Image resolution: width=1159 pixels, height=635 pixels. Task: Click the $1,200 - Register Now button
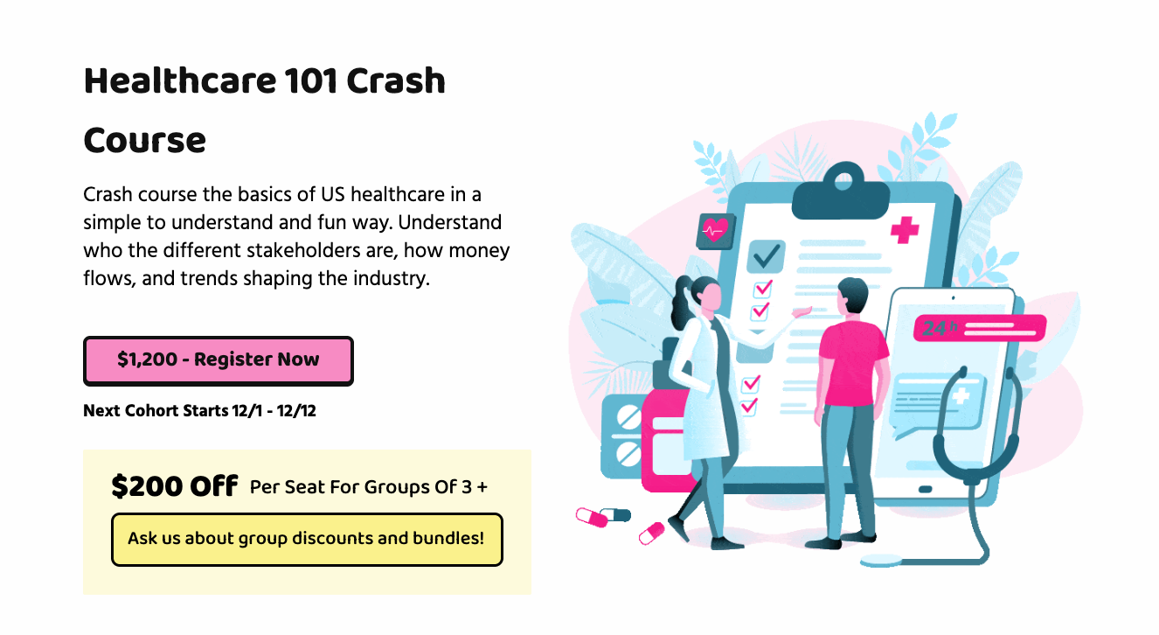219,360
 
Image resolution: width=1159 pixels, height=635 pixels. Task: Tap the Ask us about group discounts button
307,539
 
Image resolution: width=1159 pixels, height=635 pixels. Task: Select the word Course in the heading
145,140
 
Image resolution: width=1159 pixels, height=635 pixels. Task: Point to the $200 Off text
174,485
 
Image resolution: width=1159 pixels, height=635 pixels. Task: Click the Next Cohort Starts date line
199,410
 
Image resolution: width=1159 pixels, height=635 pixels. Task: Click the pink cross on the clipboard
905,230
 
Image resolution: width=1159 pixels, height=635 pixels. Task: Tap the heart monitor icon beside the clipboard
715,231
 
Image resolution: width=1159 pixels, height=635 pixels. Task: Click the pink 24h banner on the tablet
979,327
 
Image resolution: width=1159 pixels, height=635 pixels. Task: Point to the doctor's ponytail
680,306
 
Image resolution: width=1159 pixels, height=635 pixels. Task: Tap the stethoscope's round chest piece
882,560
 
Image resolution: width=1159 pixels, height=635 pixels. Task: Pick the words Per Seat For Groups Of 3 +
368,486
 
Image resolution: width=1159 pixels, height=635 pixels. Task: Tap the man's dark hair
853,292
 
